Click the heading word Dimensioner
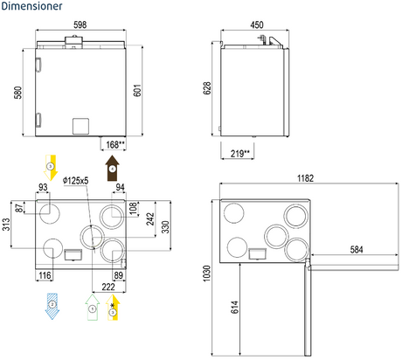pyautogui.click(x=31, y=6)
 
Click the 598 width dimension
pyautogui.click(x=80, y=24)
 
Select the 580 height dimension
pyautogui.click(x=18, y=93)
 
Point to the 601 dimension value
pyautogui.click(x=137, y=90)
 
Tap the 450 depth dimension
pyautogui.click(x=257, y=24)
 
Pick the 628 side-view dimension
pyautogui.click(x=207, y=88)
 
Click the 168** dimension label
pyautogui.click(x=115, y=144)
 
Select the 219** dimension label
pyautogui.click(x=240, y=153)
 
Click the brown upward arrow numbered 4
pyautogui.click(x=112, y=168)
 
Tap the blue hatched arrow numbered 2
pyautogui.click(x=52, y=307)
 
